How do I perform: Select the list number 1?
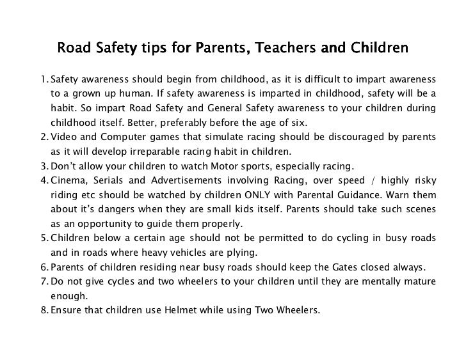point(42,80)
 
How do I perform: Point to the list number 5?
point(42,239)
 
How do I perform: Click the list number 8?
point(42,311)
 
